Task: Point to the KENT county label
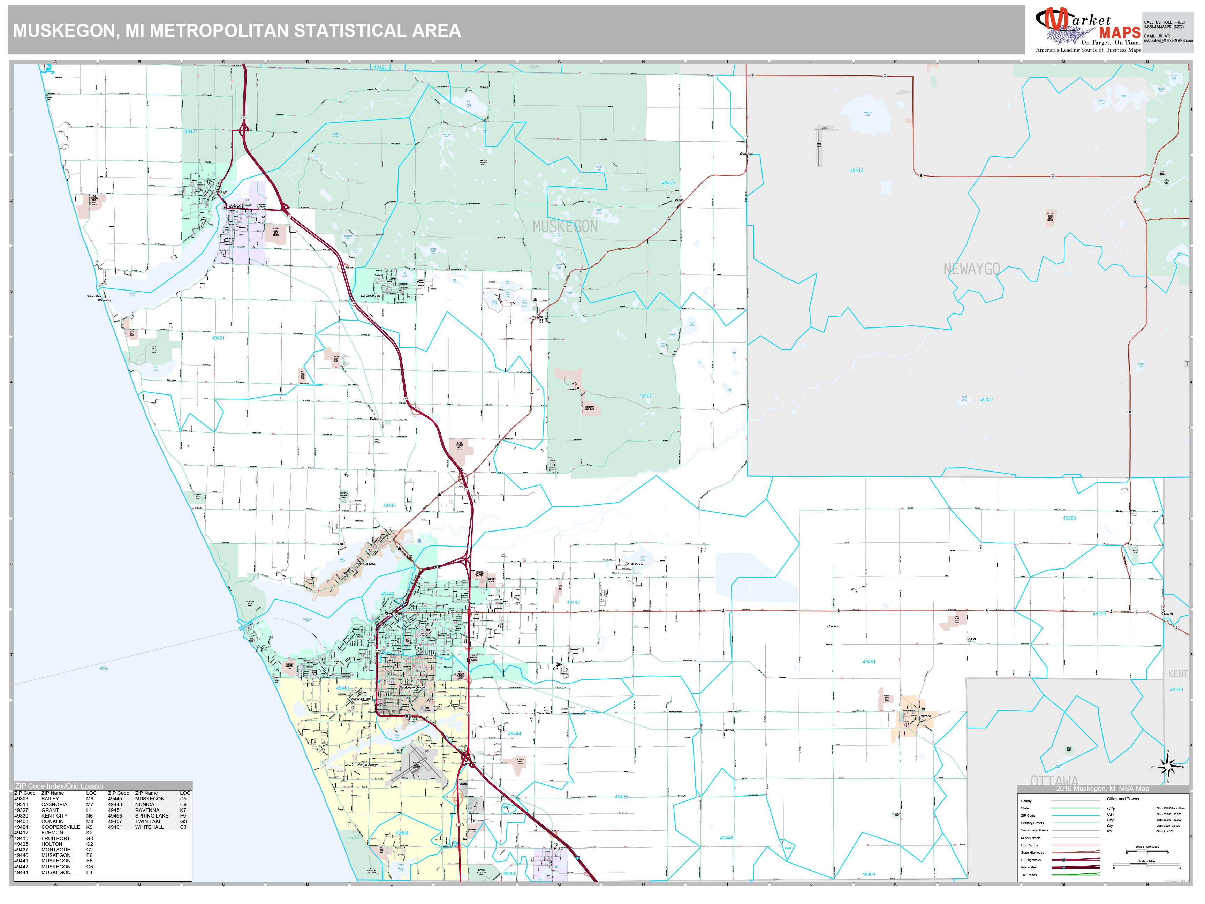[1177, 674]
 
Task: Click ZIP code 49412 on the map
[856, 171]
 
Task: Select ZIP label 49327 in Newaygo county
[986, 400]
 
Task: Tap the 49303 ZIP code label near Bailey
[1069, 518]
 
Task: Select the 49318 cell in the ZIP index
[21, 804]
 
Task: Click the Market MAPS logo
[1087, 30]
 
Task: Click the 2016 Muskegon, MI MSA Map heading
[1102, 789]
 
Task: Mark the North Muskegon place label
[365, 564]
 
